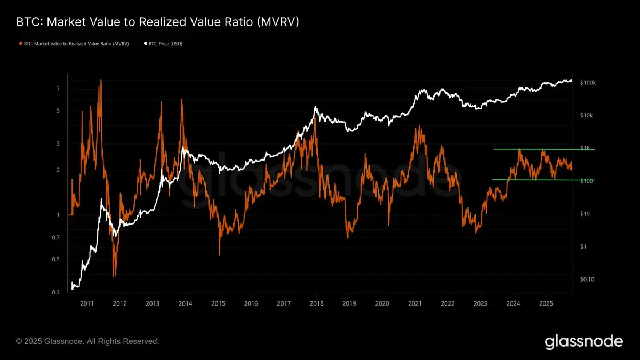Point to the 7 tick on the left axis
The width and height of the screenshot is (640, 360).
pyautogui.click(x=58, y=89)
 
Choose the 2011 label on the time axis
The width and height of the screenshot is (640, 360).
pyautogui.click(x=87, y=303)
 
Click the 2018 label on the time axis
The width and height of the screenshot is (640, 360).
pyautogui.click(x=316, y=303)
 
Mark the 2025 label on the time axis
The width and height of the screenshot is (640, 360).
pyautogui.click(x=546, y=303)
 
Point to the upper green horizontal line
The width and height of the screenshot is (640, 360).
pyautogui.click(x=544, y=149)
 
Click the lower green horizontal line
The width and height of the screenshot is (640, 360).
pyautogui.click(x=544, y=180)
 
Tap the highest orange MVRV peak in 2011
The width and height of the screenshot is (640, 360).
pyautogui.click(x=100, y=81)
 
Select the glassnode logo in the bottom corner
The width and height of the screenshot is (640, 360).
pyautogui.click(x=583, y=341)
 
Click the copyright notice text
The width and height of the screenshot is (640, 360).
pyautogui.click(x=87, y=341)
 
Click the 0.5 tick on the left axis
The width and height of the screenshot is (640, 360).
pyautogui.click(x=57, y=260)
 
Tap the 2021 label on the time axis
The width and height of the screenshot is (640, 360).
pyautogui.click(x=415, y=303)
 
